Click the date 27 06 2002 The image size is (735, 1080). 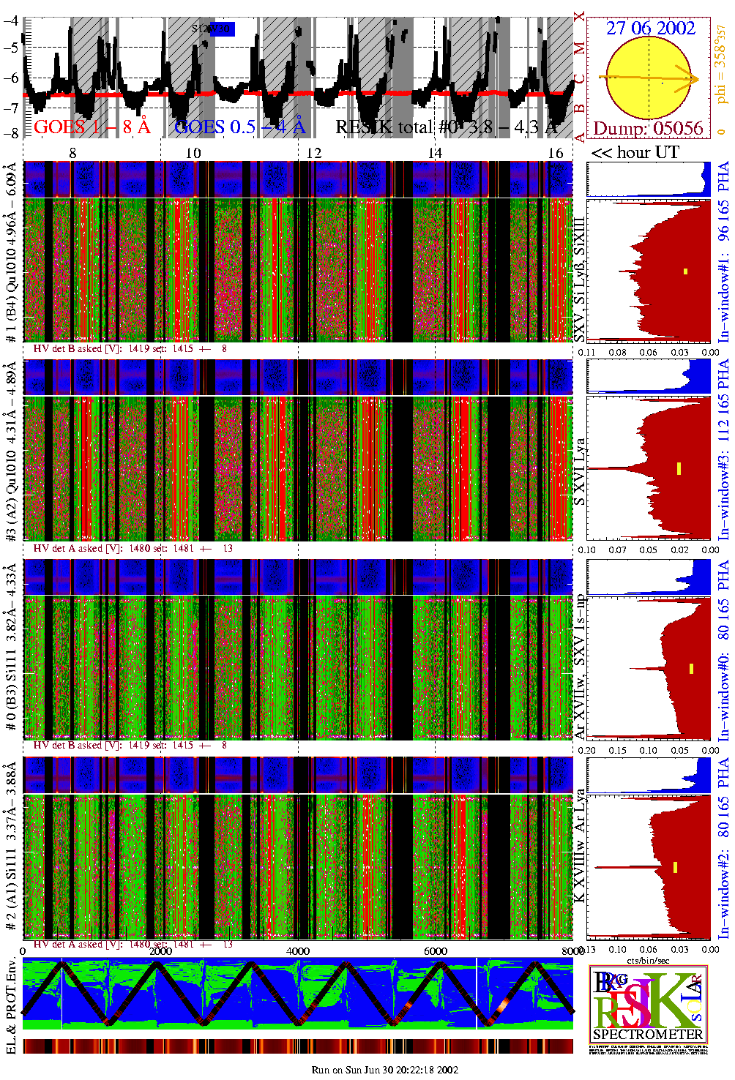(650, 29)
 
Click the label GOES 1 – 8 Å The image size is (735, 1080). (92, 127)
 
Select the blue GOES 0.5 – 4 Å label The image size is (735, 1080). (239, 127)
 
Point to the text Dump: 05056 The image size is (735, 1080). (648, 129)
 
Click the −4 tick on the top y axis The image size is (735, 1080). (11, 21)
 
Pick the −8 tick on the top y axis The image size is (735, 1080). (11, 133)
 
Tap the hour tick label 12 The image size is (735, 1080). (313, 153)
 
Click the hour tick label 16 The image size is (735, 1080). (556, 153)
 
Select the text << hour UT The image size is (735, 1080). (635, 152)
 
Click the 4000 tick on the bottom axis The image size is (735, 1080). (298, 951)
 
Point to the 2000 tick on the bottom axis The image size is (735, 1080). (160, 951)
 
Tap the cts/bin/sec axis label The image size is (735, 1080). (648, 960)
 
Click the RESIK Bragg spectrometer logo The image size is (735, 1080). (648, 1005)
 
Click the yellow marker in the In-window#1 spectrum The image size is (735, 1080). (685, 271)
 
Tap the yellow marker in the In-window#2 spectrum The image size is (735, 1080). (675, 867)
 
